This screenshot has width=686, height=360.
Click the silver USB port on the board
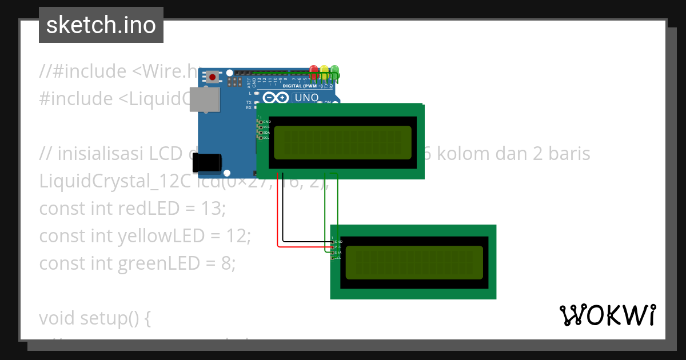(x=205, y=99)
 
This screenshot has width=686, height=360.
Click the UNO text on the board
(x=306, y=98)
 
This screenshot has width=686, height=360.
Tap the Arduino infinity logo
(x=276, y=98)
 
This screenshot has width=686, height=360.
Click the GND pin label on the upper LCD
(x=266, y=122)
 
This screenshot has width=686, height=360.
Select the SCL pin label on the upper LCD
(x=266, y=138)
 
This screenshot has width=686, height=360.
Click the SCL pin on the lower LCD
(x=333, y=258)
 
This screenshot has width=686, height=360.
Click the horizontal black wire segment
(x=306, y=242)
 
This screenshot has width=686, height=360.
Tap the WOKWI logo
(x=607, y=315)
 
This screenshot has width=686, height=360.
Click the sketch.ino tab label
(x=101, y=25)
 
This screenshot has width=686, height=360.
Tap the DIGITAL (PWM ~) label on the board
(x=308, y=86)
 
